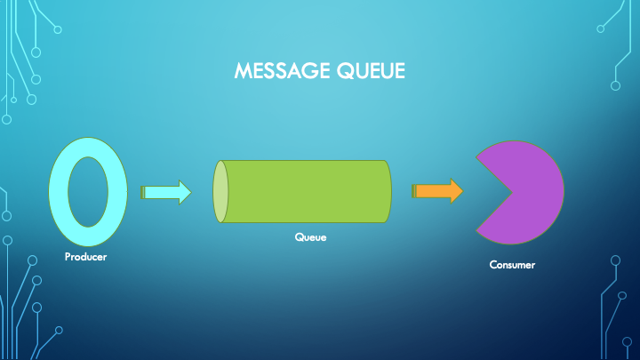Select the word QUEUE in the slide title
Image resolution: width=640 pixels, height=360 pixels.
pos(370,71)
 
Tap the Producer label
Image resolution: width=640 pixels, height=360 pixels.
pos(86,258)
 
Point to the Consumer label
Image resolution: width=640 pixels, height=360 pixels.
pos(513,264)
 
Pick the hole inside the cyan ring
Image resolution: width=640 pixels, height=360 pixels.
pos(86,191)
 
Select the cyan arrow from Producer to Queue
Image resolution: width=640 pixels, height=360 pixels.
pos(165,192)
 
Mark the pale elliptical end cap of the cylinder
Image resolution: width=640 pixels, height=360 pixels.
pos(220,191)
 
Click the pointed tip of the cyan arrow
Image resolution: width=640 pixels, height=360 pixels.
pos(190,192)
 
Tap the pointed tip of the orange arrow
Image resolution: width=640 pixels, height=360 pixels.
pos(461,191)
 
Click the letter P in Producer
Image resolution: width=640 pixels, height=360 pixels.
pos(68,258)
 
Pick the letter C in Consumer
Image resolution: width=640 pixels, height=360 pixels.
pos(493,264)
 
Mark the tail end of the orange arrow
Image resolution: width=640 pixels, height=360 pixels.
pos(415,191)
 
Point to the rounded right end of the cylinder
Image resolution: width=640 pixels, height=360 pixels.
pos(388,191)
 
